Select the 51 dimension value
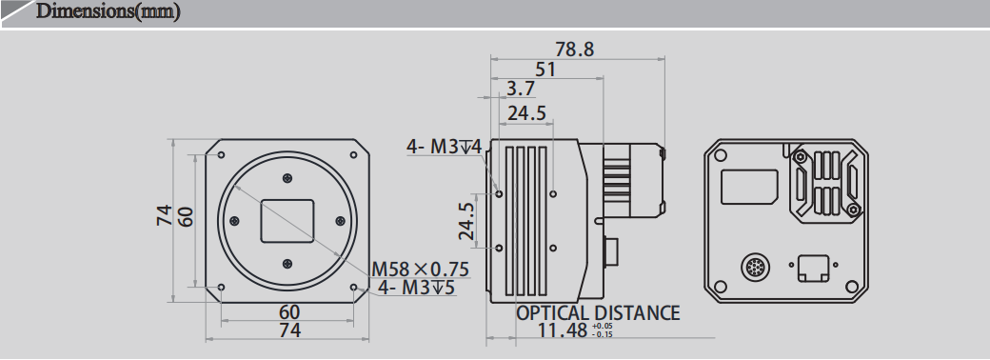(546, 70)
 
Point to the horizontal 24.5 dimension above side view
(526, 113)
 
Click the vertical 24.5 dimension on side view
(465, 221)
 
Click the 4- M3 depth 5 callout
(416, 287)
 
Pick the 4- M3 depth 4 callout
(445, 147)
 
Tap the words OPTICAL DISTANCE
(598, 312)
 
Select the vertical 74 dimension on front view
(166, 216)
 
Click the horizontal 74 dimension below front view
(288, 330)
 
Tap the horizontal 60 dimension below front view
(288, 311)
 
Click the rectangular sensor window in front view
(287, 220)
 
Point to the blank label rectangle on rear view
(749, 186)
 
